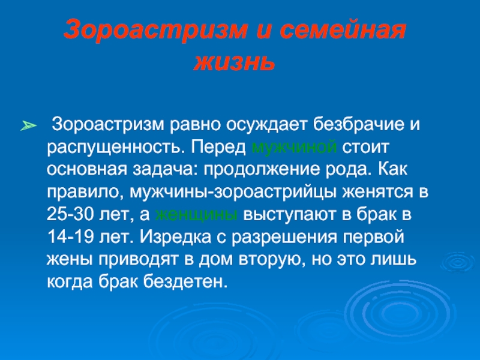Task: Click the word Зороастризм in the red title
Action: (156, 30)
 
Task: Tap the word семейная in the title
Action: (343, 30)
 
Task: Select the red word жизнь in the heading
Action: (234, 62)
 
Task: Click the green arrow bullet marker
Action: (28, 125)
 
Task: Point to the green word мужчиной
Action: (294, 147)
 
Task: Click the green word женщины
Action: (196, 215)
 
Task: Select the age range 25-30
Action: (70, 214)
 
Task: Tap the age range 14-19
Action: (70, 236)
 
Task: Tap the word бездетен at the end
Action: (186, 281)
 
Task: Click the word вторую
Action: (272, 260)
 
